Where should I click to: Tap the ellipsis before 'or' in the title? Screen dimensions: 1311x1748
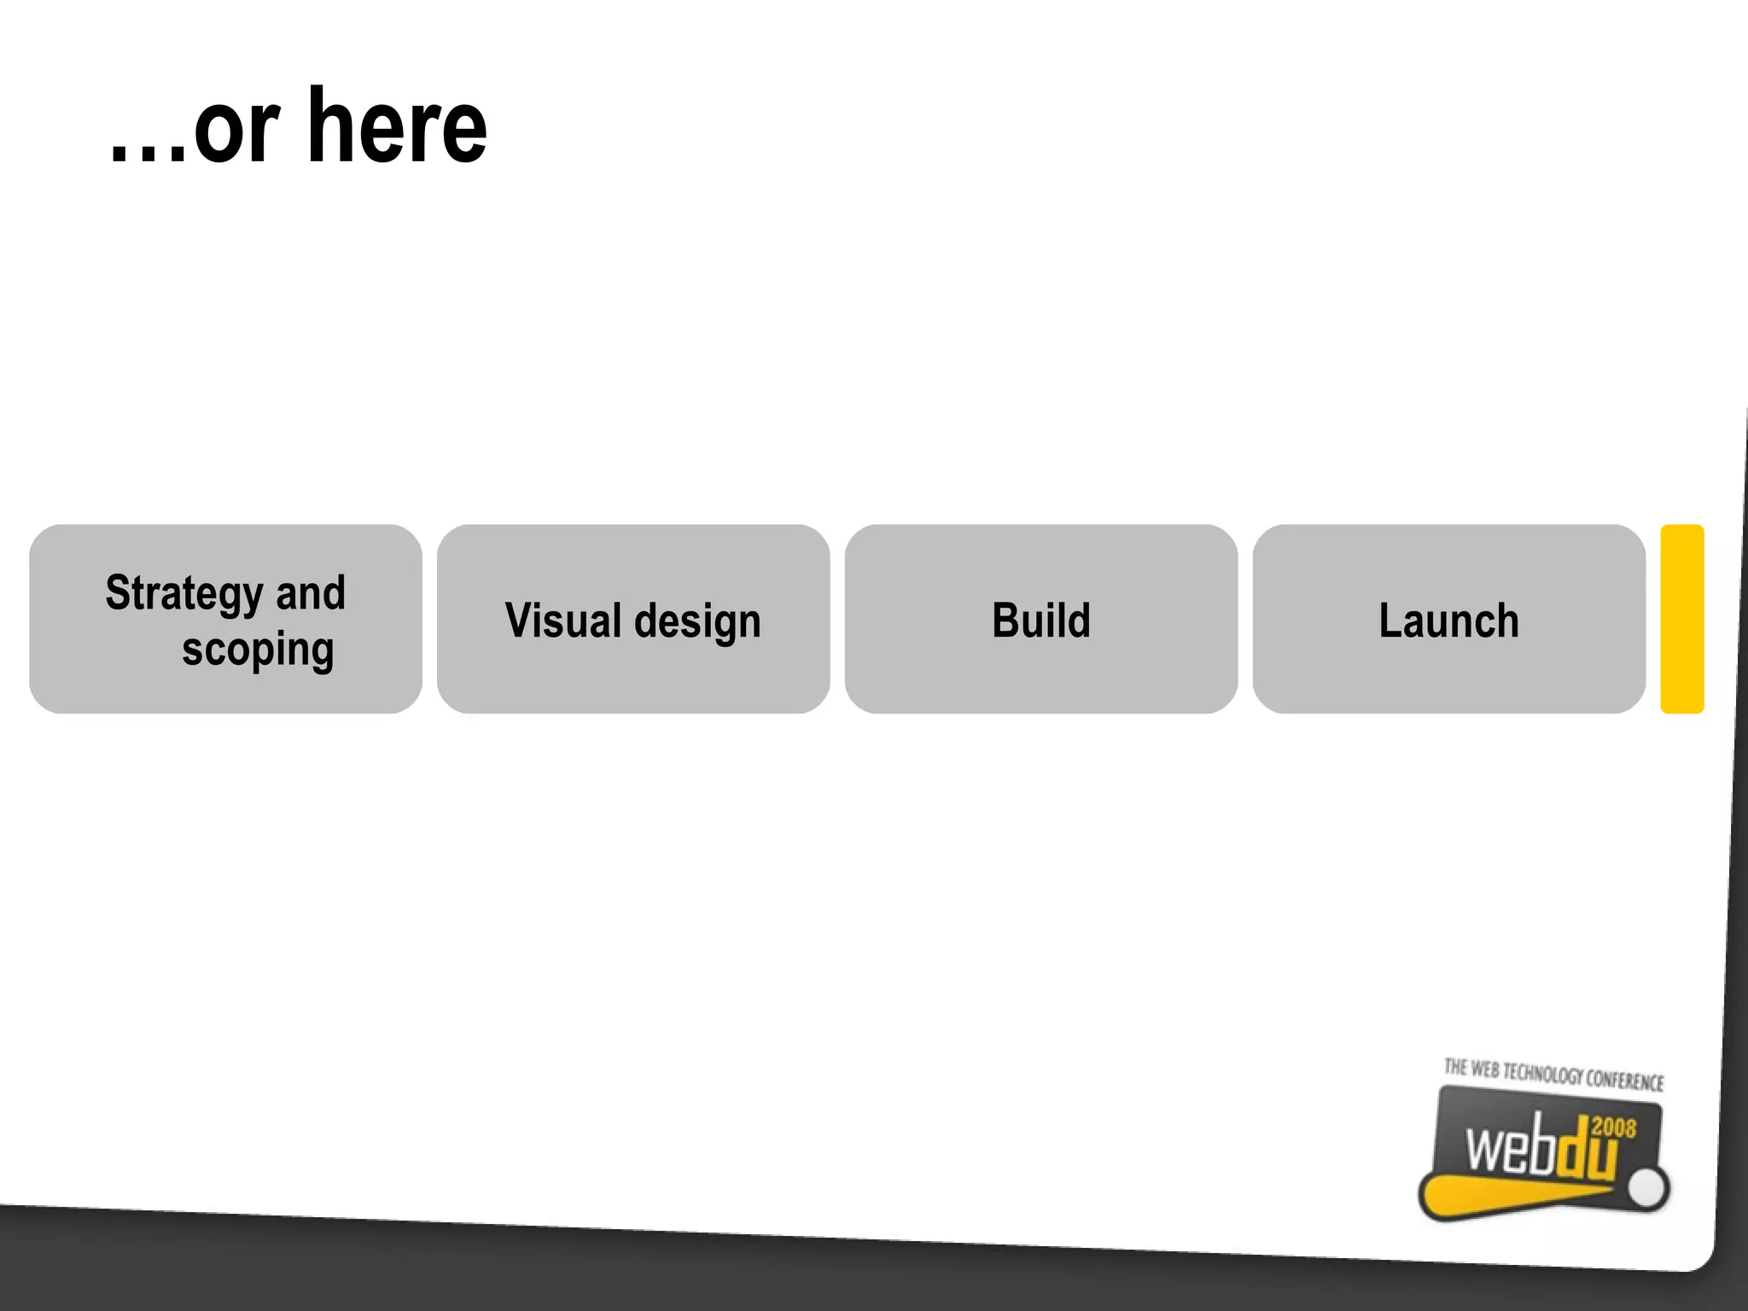coord(147,154)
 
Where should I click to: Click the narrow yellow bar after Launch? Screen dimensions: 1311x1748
coord(1681,619)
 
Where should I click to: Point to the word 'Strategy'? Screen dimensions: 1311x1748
coord(184,594)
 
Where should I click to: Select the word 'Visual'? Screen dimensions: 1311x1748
coord(563,621)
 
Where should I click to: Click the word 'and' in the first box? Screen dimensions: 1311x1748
coord(311,593)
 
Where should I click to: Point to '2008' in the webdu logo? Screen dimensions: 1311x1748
coord(1613,1127)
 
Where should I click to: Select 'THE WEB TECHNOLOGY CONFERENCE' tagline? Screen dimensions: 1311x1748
coord(1553,1075)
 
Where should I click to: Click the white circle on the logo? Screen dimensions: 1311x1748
coord(1647,1187)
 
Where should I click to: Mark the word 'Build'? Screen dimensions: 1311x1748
coord(1040,621)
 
